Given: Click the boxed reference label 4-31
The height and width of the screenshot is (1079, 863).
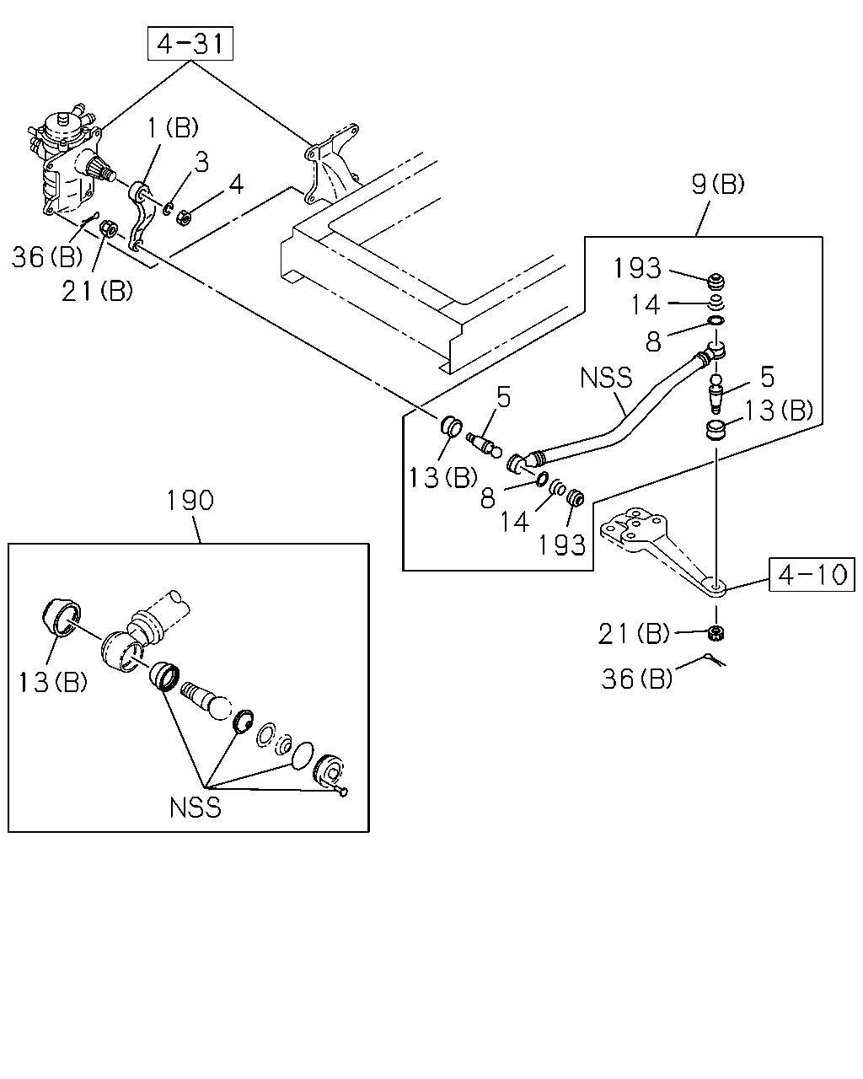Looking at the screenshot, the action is click(x=190, y=44).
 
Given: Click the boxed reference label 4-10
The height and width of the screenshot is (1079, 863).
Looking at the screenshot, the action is click(x=812, y=574).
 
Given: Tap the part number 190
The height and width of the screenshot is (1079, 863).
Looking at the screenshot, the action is click(x=190, y=501).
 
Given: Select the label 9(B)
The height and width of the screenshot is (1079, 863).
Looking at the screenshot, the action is click(x=717, y=184).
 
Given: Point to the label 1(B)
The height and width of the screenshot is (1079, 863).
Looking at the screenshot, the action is click(x=173, y=127).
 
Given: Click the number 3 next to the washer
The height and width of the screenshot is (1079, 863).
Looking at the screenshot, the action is click(x=201, y=162).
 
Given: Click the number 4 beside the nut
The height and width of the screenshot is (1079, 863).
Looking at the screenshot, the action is click(x=236, y=184).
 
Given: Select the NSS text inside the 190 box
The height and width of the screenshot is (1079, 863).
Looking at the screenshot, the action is click(x=195, y=808).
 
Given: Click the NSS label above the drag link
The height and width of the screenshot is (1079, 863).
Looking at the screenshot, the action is click(x=606, y=378).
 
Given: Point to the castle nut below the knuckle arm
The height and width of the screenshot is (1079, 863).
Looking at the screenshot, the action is click(x=716, y=633).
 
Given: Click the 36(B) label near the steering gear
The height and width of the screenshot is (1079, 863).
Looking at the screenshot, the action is click(x=47, y=257).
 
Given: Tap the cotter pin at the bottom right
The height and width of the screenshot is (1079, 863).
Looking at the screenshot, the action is click(x=715, y=660).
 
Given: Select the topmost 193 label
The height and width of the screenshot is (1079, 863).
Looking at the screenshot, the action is click(x=637, y=268).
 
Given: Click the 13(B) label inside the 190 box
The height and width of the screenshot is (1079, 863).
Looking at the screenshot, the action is click(x=52, y=683).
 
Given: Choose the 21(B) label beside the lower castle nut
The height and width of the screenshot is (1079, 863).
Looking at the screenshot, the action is click(x=634, y=634).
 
